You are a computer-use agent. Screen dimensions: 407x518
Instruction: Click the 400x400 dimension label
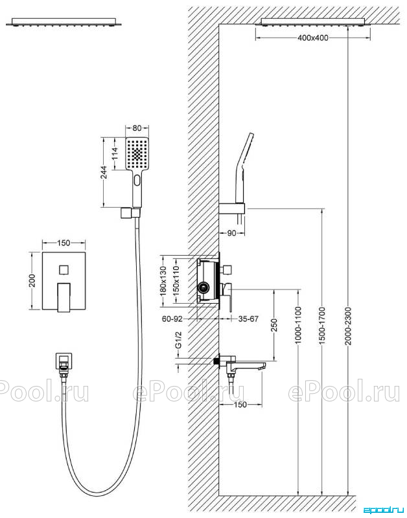313,38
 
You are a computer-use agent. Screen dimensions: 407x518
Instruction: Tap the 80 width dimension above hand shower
137,128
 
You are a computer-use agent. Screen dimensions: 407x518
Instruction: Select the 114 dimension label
115,153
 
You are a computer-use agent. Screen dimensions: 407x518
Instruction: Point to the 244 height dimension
104,172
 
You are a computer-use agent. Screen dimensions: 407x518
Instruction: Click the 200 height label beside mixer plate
32,281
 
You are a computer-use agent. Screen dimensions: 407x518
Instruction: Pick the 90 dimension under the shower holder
232,233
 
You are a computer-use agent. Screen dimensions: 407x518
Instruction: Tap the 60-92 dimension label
172,319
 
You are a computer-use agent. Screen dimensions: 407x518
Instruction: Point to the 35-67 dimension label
248,319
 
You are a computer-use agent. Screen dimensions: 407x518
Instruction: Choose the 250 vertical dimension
274,325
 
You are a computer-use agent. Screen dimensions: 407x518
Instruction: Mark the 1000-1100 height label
299,326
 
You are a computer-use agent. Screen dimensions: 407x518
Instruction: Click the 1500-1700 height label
323,326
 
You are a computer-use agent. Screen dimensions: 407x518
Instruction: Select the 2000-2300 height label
349,326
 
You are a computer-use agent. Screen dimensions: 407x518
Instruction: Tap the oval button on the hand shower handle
137,181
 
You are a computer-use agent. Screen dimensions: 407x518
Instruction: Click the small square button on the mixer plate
64,270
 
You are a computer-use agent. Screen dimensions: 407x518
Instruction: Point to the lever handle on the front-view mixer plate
64,297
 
